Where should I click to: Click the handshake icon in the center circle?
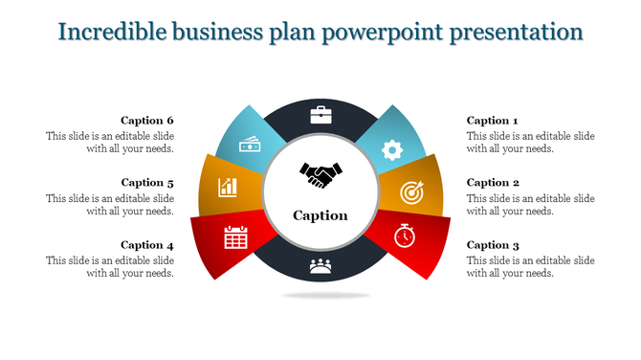coord(320,175)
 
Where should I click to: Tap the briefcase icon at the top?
coord(320,117)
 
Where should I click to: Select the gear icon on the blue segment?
coord(391,149)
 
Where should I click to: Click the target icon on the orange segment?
coord(410,192)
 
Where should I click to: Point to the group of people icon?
coord(320,267)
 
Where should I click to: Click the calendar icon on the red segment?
coord(235,236)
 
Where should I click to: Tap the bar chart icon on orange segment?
coord(228,186)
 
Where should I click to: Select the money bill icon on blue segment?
coord(250,145)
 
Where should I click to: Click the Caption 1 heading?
coord(492,121)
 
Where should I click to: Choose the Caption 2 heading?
coord(493,183)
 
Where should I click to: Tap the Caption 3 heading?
coord(493,245)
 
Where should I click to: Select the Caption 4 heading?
coord(147,245)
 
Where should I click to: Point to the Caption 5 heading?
coord(147,183)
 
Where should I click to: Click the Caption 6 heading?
coord(147,121)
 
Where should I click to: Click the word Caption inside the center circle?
coord(320,215)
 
